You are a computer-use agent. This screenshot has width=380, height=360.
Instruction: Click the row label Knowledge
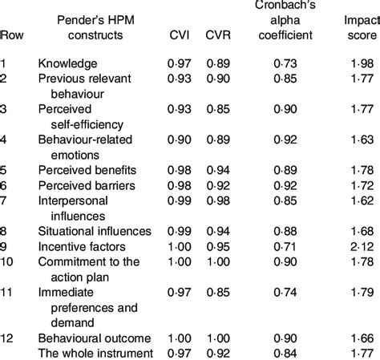[67, 63]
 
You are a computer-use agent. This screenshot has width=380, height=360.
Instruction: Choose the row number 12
[7, 337]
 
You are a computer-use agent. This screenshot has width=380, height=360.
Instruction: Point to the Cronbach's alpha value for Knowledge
[287, 63]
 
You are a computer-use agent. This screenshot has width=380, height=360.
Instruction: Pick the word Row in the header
[11, 34]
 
